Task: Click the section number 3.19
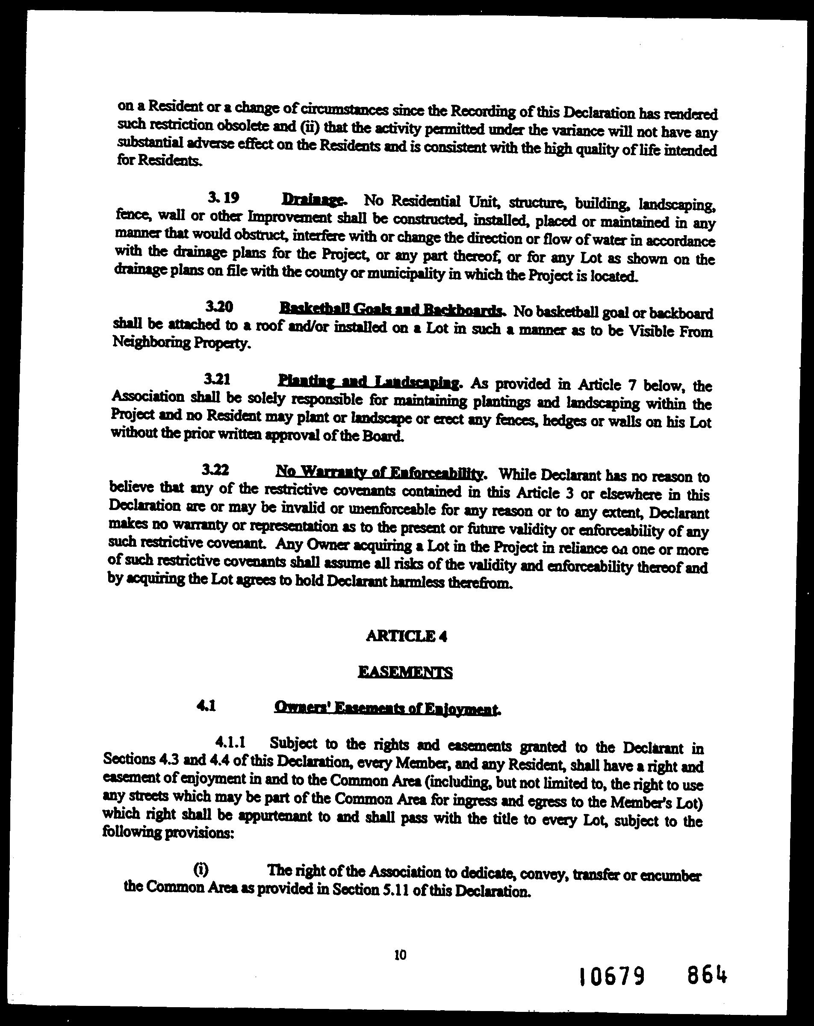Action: point(223,198)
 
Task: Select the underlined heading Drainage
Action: point(312,199)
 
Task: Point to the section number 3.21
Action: point(217,379)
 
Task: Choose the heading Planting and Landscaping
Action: point(369,382)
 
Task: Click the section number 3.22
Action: point(215,470)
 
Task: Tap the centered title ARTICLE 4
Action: point(407,636)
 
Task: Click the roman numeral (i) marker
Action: point(201,870)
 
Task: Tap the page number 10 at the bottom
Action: point(400,954)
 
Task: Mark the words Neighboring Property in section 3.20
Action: point(181,342)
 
